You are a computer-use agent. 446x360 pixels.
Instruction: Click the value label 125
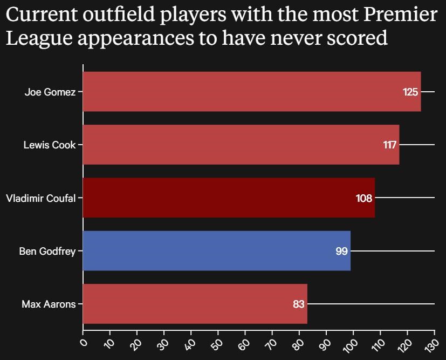(410, 92)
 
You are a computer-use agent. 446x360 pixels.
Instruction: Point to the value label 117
(390, 145)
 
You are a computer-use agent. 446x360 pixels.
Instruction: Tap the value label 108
(364, 198)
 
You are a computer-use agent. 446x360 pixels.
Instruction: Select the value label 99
(341, 251)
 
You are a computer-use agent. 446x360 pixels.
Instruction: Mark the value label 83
(299, 304)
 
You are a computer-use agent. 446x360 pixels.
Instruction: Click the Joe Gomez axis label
(50, 92)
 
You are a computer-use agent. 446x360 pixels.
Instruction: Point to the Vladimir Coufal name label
(40, 198)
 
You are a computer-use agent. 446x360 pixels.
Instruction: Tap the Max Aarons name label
(49, 304)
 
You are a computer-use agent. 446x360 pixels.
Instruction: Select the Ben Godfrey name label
(47, 251)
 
